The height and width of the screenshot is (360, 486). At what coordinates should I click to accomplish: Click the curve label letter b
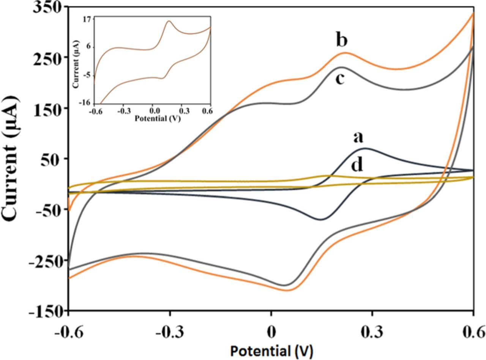342,40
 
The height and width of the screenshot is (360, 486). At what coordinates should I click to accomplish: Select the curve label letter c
340,79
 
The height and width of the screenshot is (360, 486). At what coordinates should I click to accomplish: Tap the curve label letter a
358,137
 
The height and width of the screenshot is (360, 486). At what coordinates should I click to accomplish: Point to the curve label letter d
357,165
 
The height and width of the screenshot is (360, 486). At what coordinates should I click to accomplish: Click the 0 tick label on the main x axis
271,332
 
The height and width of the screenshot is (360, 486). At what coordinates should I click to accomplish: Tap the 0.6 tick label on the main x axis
473,332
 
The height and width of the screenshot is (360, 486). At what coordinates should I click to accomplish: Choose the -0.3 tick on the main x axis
170,332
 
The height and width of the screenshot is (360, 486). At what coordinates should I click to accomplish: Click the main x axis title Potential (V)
271,351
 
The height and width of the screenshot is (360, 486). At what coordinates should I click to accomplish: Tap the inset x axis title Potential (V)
157,118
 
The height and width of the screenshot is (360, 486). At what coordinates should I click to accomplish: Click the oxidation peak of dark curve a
365,148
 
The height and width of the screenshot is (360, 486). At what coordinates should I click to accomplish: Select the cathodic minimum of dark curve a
321,219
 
